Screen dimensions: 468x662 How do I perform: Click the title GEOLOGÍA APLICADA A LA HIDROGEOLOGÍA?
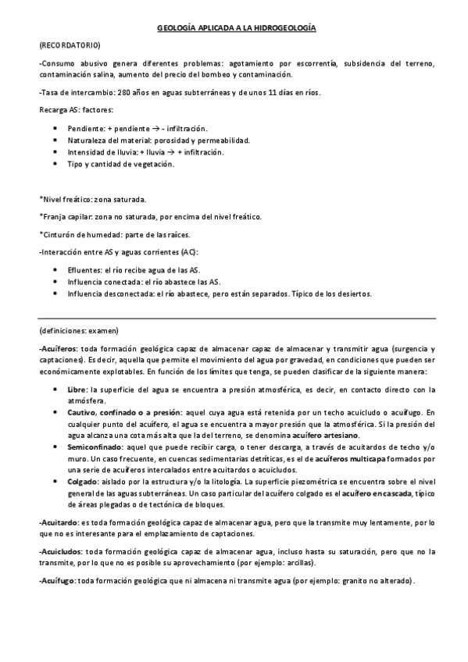[236, 28]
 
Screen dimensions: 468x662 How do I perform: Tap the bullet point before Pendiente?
[54, 127]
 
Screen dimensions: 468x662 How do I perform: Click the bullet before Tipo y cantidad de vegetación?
[54, 165]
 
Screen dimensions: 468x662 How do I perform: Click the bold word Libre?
[77, 388]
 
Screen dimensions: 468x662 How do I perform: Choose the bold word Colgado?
[82, 481]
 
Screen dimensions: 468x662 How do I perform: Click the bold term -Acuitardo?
[57, 521]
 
